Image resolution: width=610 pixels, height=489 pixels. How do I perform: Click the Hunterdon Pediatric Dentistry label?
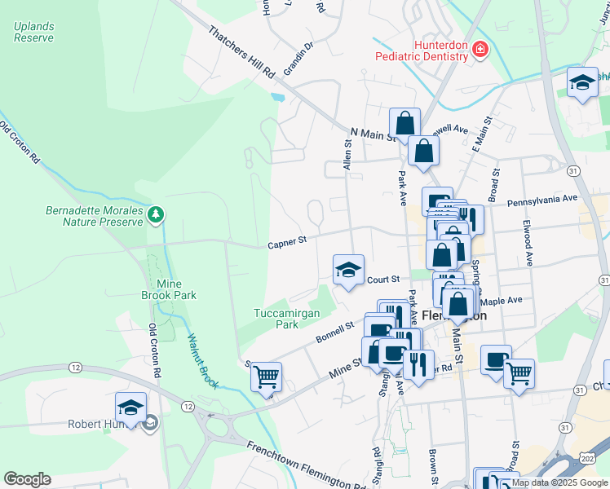pos(422,51)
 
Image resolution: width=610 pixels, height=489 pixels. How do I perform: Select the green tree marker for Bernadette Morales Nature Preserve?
pos(156,214)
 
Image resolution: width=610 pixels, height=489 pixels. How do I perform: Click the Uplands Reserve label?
pos(33,32)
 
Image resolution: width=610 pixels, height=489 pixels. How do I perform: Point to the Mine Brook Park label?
pos(168,289)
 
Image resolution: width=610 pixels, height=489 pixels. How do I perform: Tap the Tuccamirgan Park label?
pos(286,318)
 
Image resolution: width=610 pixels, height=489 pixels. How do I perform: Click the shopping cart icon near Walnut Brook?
pos(266,377)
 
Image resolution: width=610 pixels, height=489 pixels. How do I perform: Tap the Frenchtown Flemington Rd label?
pos(306,469)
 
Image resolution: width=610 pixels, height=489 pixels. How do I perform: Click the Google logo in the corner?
pos(27,479)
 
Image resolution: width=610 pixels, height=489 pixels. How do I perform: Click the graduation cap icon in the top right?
pos(582,81)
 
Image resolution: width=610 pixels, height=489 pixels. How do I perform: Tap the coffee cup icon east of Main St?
pos(496,361)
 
